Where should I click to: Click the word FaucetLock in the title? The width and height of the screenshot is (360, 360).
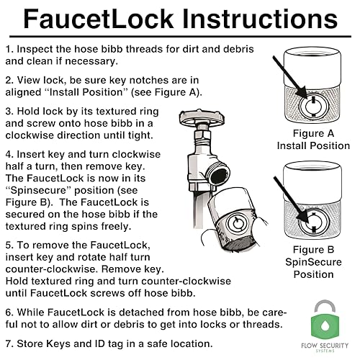pyautogui.click(x=99, y=19)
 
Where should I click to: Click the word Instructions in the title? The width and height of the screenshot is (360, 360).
pyautogui.click(x=260, y=19)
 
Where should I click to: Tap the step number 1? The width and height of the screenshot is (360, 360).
pyautogui.click(x=9, y=49)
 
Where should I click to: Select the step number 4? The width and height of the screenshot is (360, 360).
pyautogui.click(x=9, y=154)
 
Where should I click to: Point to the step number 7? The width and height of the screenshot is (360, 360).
pyautogui.click(x=9, y=343)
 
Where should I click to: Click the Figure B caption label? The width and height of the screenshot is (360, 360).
pyautogui.click(x=313, y=250)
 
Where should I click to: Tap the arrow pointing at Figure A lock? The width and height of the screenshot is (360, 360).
pyautogui.click(x=291, y=78)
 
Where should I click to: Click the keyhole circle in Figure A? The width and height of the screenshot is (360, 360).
pyautogui.click(x=314, y=106)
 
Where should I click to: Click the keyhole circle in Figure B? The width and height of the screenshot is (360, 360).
pyautogui.click(x=314, y=221)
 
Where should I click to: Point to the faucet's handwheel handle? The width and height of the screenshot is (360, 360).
pyautogui.click(x=202, y=117)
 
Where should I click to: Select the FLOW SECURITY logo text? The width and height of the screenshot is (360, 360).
pyautogui.click(x=325, y=346)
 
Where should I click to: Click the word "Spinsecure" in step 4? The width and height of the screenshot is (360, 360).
pyautogui.click(x=38, y=191)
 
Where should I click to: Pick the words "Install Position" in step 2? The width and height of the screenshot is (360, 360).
pyautogui.click(x=86, y=92)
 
